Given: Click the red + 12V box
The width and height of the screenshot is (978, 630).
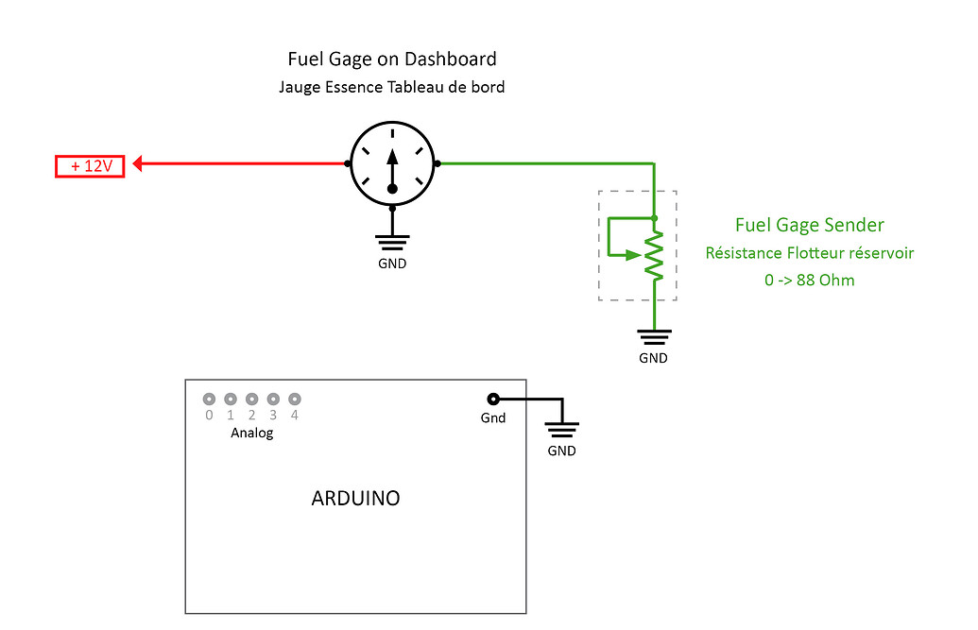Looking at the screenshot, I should point(91,166).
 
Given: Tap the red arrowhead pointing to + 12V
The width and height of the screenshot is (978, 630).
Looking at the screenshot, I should point(138,164).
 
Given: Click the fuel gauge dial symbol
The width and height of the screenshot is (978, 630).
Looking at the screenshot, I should point(392,163).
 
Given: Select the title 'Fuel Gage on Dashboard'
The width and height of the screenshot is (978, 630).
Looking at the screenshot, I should point(392,59).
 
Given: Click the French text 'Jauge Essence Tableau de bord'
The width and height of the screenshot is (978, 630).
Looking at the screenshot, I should point(392,88).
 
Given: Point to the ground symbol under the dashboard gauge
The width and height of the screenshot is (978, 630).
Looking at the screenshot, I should point(392,240).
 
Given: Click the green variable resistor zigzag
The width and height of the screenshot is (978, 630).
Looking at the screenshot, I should point(654,254).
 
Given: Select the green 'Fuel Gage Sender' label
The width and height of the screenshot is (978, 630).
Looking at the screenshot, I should point(809,225).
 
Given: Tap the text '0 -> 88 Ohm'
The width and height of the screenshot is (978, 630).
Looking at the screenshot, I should point(809,281).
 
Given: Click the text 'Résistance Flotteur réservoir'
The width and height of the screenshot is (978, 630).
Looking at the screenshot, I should point(809,253).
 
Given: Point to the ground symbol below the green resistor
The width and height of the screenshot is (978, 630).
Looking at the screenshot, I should point(653,335).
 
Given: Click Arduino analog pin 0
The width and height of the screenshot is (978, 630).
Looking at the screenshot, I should point(209,399).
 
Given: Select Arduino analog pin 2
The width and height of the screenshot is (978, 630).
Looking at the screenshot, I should point(251,399).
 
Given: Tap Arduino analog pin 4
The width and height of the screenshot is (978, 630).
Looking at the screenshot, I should point(295,399).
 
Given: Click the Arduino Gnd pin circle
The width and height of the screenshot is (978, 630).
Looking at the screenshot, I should point(492,399).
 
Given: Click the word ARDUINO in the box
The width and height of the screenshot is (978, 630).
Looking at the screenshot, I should point(355,498).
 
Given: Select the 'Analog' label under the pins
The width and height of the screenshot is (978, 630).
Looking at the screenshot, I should point(251,434).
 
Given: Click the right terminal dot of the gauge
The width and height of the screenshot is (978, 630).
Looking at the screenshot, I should point(438,163).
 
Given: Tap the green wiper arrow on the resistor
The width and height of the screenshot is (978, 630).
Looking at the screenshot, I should point(636,254).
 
